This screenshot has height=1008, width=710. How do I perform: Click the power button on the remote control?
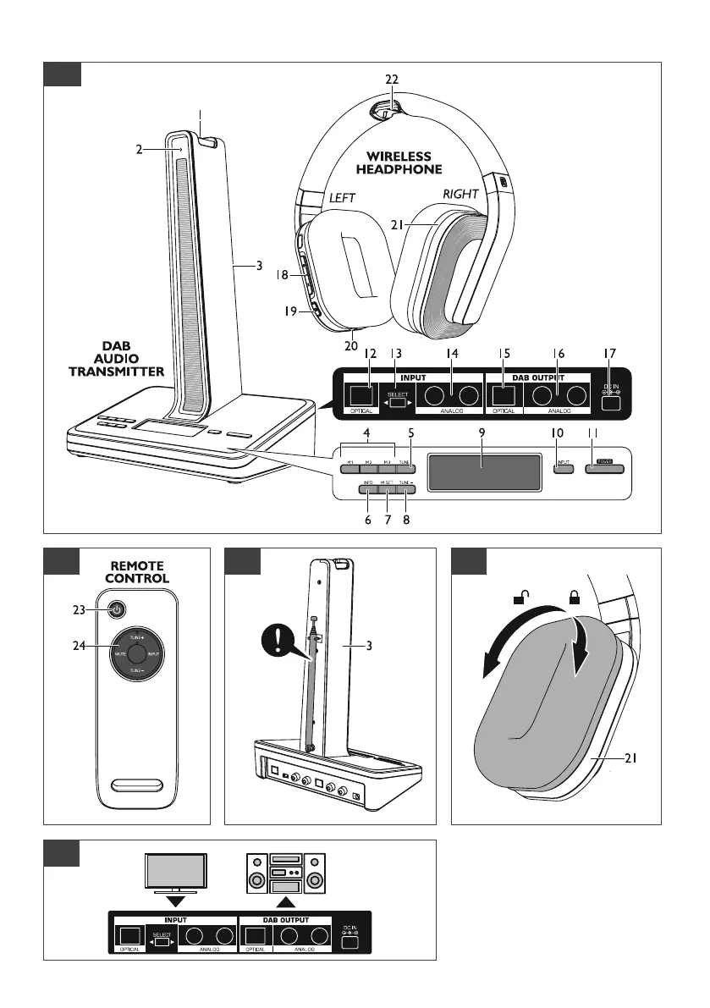(x=117, y=609)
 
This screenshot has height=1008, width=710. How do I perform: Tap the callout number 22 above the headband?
(x=390, y=79)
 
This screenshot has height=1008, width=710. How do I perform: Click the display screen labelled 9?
(x=483, y=471)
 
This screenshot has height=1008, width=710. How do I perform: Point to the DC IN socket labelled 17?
(x=611, y=403)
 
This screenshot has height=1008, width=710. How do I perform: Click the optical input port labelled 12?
(x=363, y=394)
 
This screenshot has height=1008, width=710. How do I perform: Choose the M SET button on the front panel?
(x=388, y=484)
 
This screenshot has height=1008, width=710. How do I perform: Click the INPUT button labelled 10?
(x=563, y=465)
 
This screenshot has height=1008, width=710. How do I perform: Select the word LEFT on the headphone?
(x=343, y=197)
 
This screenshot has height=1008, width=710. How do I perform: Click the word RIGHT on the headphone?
(x=460, y=194)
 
